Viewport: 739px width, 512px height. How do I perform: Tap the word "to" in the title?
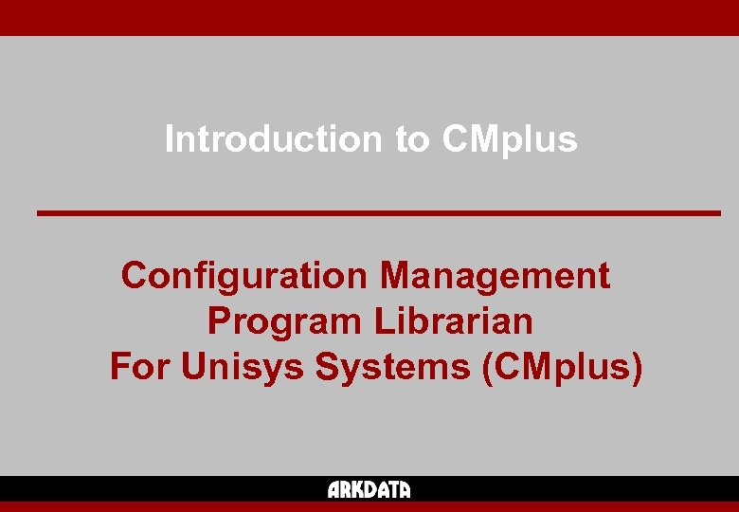point(412,139)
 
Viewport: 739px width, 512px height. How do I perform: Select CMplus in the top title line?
point(509,139)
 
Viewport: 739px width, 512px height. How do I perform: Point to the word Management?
point(495,276)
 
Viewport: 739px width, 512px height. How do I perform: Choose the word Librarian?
point(453,321)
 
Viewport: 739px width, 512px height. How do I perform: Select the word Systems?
point(392,366)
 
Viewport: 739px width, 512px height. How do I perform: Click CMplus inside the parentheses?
point(562,366)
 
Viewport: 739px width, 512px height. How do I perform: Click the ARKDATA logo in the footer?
point(369,490)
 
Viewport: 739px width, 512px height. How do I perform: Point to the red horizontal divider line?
point(379,213)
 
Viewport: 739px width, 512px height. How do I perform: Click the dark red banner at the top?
point(369,17)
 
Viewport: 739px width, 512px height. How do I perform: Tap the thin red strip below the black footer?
point(369,506)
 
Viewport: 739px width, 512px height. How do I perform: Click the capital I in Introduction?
point(170,139)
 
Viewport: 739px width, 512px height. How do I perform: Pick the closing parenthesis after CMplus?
point(636,367)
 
